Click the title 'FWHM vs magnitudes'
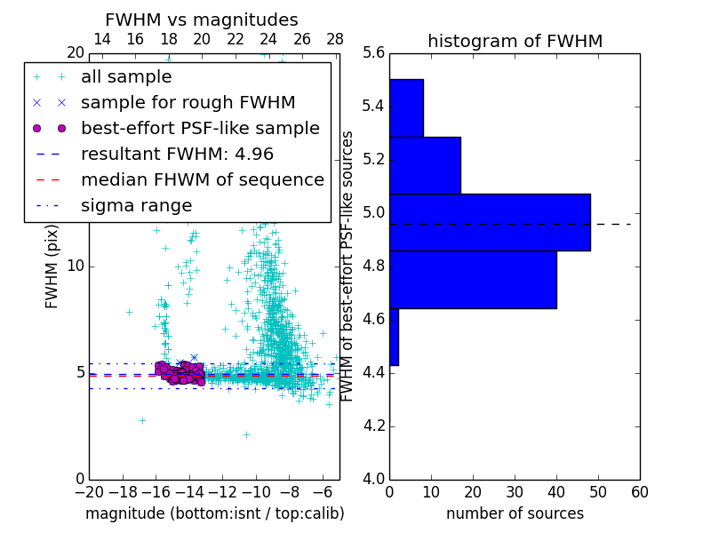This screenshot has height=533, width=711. point(202,20)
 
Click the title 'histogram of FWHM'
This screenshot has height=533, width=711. point(515,41)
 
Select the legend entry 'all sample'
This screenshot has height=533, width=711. point(126,77)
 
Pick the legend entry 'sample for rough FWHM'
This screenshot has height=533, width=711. point(188,103)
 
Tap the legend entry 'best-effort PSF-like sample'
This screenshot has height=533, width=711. point(200,128)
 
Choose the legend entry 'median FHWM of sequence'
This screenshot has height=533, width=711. point(202,179)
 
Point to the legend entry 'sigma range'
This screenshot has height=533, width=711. point(136,205)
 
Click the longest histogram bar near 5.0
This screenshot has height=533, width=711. point(490,222)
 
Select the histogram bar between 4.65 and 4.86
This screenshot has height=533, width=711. point(473,280)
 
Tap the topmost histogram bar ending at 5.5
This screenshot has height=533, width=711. point(406,108)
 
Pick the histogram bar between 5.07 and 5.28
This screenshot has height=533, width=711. point(425,165)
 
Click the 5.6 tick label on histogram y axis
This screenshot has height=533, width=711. point(374,53)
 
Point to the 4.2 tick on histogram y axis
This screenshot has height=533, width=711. point(374,426)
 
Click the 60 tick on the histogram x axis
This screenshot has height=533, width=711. point(639,491)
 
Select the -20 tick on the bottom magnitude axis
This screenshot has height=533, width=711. point(88,491)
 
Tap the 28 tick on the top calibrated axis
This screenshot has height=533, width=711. point(335,39)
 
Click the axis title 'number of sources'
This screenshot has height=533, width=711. point(515,513)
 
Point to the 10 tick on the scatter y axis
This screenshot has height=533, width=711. point(76,266)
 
